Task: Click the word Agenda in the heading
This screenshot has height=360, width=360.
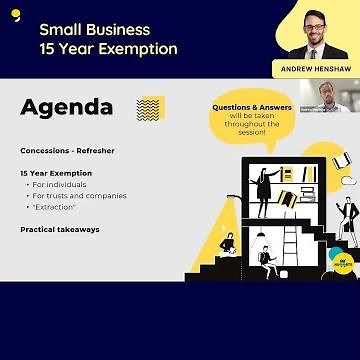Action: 66,108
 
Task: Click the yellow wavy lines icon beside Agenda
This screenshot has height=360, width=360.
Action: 150,108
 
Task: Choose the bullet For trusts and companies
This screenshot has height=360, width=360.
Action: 79,195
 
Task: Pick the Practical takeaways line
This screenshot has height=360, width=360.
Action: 60,229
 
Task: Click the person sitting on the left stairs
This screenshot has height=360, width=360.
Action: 228,243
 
